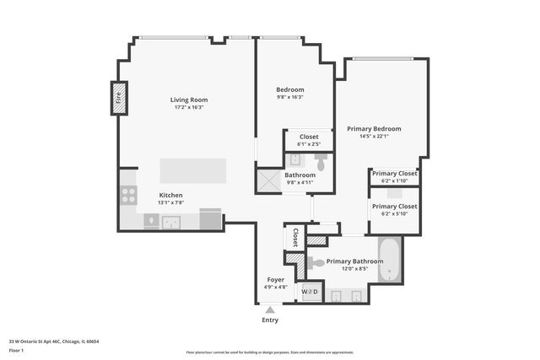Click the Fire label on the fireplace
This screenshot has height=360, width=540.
pyautogui.click(x=119, y=98)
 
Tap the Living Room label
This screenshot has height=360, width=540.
pyautogui.click(x=190, y=99)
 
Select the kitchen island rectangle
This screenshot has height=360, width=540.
pyautogui.click(x=193, y=171)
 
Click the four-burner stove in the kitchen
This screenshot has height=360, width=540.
pyautogui.click(x=129, y=195)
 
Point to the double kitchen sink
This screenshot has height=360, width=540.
pyautogui.click(x=172, y=223)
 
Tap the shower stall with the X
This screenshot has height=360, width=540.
pyautogui.click(x=269, y=180)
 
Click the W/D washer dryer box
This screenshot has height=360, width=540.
pyautogui.click(x=310, y=292)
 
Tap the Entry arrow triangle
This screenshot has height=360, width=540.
pyautogui.click(x=269, y=310)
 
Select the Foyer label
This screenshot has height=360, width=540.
pyautogui.click(x=276, y=279)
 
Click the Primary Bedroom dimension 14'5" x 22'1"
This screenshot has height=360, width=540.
pyautogui.click(x=374, y=137)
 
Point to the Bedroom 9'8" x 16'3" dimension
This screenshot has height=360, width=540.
pyautogui.click(x=290, y=97)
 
